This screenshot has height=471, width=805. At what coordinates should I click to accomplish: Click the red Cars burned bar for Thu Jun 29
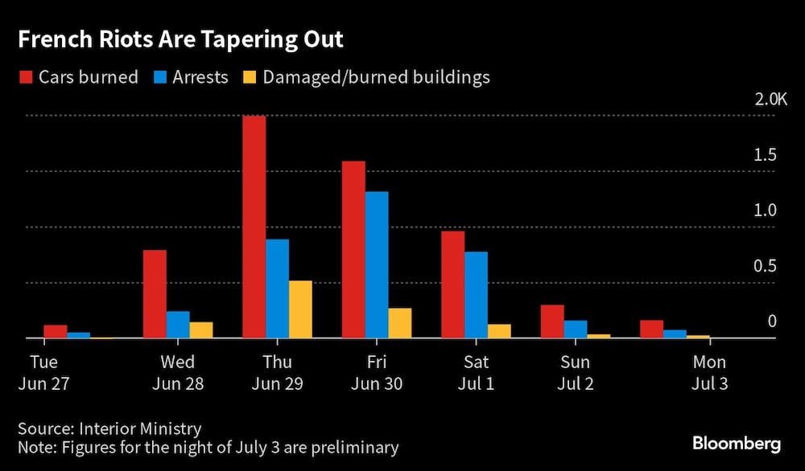[254, 227]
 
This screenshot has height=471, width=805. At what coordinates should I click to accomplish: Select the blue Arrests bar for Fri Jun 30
[377, 264]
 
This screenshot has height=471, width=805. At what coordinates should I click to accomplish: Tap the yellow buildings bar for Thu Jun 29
[300, 309]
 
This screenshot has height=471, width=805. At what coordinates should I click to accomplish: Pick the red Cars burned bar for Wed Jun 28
[155, 294]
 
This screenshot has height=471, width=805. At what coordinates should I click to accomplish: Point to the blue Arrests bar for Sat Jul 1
[476, 295]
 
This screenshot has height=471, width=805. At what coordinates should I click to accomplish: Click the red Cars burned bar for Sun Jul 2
[552, 322]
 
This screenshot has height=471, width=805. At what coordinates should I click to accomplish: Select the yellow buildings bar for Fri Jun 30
[400, 323]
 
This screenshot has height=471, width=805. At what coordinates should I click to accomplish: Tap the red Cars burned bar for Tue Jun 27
[55, 331]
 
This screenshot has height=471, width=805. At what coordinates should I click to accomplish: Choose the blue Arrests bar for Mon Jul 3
[675, 334]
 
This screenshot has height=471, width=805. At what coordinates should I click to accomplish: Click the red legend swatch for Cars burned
[25, 78]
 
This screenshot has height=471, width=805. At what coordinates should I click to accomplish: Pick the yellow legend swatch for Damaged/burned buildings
[250, 78]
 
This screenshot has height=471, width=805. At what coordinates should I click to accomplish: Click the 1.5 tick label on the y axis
[766, 155]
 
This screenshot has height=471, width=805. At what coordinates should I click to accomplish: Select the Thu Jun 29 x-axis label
[277, 373]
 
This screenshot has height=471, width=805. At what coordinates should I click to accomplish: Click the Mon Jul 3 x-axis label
[709, 373]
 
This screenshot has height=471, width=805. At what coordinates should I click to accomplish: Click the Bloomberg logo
[737, 444]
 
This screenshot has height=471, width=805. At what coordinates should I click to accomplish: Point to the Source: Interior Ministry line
[109, 428]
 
